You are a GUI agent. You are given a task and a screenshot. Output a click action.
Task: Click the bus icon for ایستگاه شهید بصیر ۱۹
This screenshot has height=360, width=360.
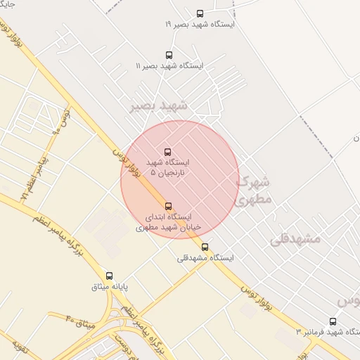click(x=200, y=13)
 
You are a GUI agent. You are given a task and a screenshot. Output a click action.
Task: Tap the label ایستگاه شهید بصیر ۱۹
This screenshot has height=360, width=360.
click(x=200, y=24)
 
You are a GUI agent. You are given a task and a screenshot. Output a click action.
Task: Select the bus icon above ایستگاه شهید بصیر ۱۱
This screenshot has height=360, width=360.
click(x=169, y=55)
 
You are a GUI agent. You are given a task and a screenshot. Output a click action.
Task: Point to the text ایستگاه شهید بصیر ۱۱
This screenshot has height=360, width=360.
click(x=169, y=65)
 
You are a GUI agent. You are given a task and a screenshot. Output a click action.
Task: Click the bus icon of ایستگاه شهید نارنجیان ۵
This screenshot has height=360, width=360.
click(x=167, y=152)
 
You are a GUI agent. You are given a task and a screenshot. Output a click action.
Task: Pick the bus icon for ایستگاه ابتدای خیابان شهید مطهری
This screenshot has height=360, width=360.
click(x=168, y=206)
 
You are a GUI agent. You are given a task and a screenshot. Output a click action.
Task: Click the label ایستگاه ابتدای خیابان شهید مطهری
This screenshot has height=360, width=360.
click(x=168, y=222)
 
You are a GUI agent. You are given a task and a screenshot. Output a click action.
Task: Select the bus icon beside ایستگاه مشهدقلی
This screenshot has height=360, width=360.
click(x=205, y=247)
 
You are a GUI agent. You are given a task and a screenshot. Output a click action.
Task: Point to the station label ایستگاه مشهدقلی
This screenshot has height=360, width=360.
click(x=205, y=258)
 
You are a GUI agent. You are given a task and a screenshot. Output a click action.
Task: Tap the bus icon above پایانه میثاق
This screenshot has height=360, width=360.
click(x=109, y=276)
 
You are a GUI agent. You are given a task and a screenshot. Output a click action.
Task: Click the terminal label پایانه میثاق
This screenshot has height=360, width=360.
click(x=109, y=287)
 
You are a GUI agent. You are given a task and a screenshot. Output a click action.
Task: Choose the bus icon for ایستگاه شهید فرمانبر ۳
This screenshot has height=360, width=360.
click(x=333, y=321)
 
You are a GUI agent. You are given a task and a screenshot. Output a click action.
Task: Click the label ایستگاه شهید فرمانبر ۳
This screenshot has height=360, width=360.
click(x=328, y=332)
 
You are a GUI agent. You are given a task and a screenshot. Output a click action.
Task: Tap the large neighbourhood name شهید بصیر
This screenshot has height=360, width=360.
click(x=158, y=105)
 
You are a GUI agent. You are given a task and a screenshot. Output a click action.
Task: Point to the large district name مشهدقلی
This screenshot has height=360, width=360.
click(x=295, y=238)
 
